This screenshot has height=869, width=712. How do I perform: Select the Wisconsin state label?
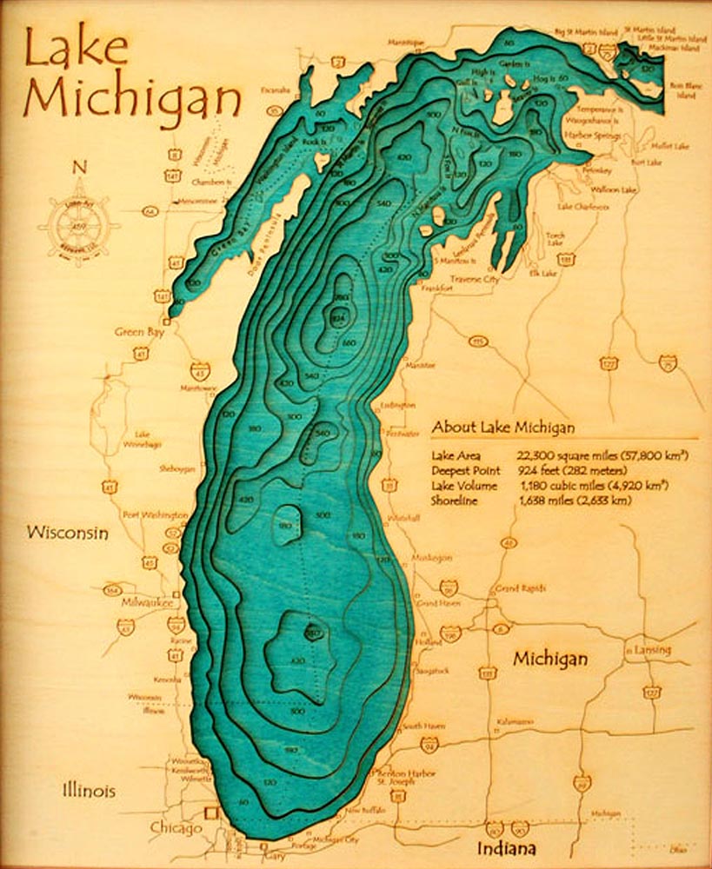(67, 533)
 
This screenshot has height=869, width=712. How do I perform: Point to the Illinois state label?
(88, 791)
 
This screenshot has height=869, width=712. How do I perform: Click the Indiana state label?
(505, 849)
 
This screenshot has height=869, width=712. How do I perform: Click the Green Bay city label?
(140, 332)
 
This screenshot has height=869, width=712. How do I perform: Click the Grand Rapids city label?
(521, 588)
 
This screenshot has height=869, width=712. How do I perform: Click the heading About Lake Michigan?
(502, 428)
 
